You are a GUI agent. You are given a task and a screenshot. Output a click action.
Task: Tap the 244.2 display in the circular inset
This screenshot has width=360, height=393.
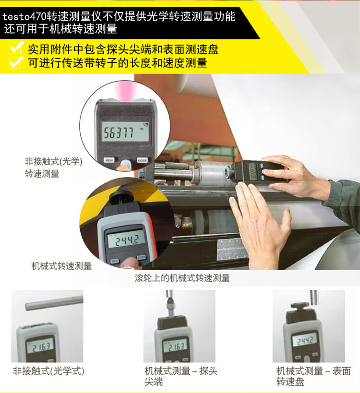(x=126, y=239)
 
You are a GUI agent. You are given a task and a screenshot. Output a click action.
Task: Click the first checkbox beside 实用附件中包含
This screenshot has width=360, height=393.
(x=16, y=48)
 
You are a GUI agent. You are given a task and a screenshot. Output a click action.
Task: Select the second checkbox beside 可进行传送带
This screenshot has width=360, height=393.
(x=16, y=62)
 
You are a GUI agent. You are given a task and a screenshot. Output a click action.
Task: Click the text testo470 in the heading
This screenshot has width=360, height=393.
(x=24, y=17)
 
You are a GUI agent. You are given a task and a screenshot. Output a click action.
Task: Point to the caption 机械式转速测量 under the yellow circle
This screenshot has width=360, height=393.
(x=61, y=266)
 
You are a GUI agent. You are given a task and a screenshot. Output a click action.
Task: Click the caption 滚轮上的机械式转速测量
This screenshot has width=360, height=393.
(x=182, y=278)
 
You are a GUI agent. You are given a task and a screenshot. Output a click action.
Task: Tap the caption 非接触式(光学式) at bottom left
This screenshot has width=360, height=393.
(x=48, y=371)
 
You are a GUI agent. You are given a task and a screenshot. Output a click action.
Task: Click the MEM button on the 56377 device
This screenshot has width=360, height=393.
(x=109, y=160)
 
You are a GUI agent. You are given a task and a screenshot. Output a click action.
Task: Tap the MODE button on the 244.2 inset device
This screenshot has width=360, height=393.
(x=141, y=257)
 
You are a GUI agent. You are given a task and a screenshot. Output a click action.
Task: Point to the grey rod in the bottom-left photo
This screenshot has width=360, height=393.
(x=54, y=303)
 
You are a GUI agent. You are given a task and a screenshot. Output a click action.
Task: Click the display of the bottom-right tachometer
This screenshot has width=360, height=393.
(x=305, y=341)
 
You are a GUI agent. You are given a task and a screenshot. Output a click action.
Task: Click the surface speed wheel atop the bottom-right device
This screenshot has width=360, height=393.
(x=300, y=306)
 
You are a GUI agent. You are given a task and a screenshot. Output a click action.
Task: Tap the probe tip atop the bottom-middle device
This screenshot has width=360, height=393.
(x=170, y=305)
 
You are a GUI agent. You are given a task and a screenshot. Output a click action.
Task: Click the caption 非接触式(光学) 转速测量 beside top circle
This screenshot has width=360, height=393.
(x=53, y=167)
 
